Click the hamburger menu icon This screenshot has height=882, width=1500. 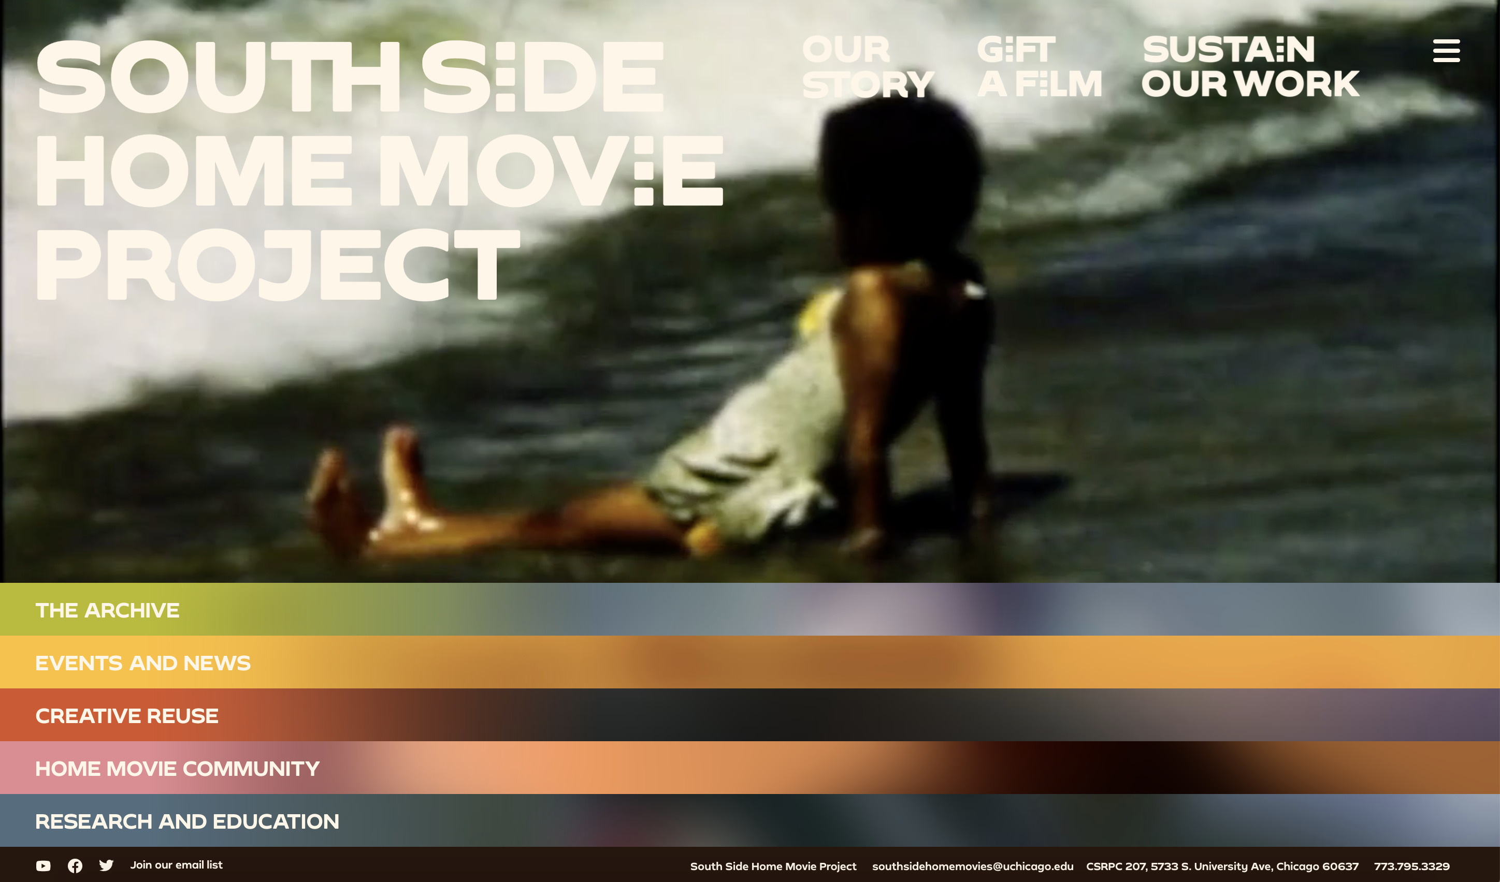tap(1446, 51)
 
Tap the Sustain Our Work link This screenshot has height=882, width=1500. tap(1250, 67)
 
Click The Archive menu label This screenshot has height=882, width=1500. tap(107, 610)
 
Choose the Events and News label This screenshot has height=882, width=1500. tap(143, 663)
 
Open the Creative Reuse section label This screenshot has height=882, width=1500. tap(127, 715)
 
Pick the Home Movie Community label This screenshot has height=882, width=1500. tap(177, 769)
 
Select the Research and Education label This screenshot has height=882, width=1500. tap(187, 821)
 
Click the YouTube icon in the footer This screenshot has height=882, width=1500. tap(43, 866)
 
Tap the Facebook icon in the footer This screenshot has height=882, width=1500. tap(75, 866)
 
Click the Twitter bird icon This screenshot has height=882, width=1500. tap(107, 865)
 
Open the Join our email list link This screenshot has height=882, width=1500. tap(176, 865)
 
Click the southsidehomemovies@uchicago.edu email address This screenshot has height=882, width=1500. tap(973, 866)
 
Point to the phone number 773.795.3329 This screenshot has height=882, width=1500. tap(1411, 866)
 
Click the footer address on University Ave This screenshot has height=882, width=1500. tap(1222, 866)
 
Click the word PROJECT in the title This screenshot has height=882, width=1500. tap(278, 264)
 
